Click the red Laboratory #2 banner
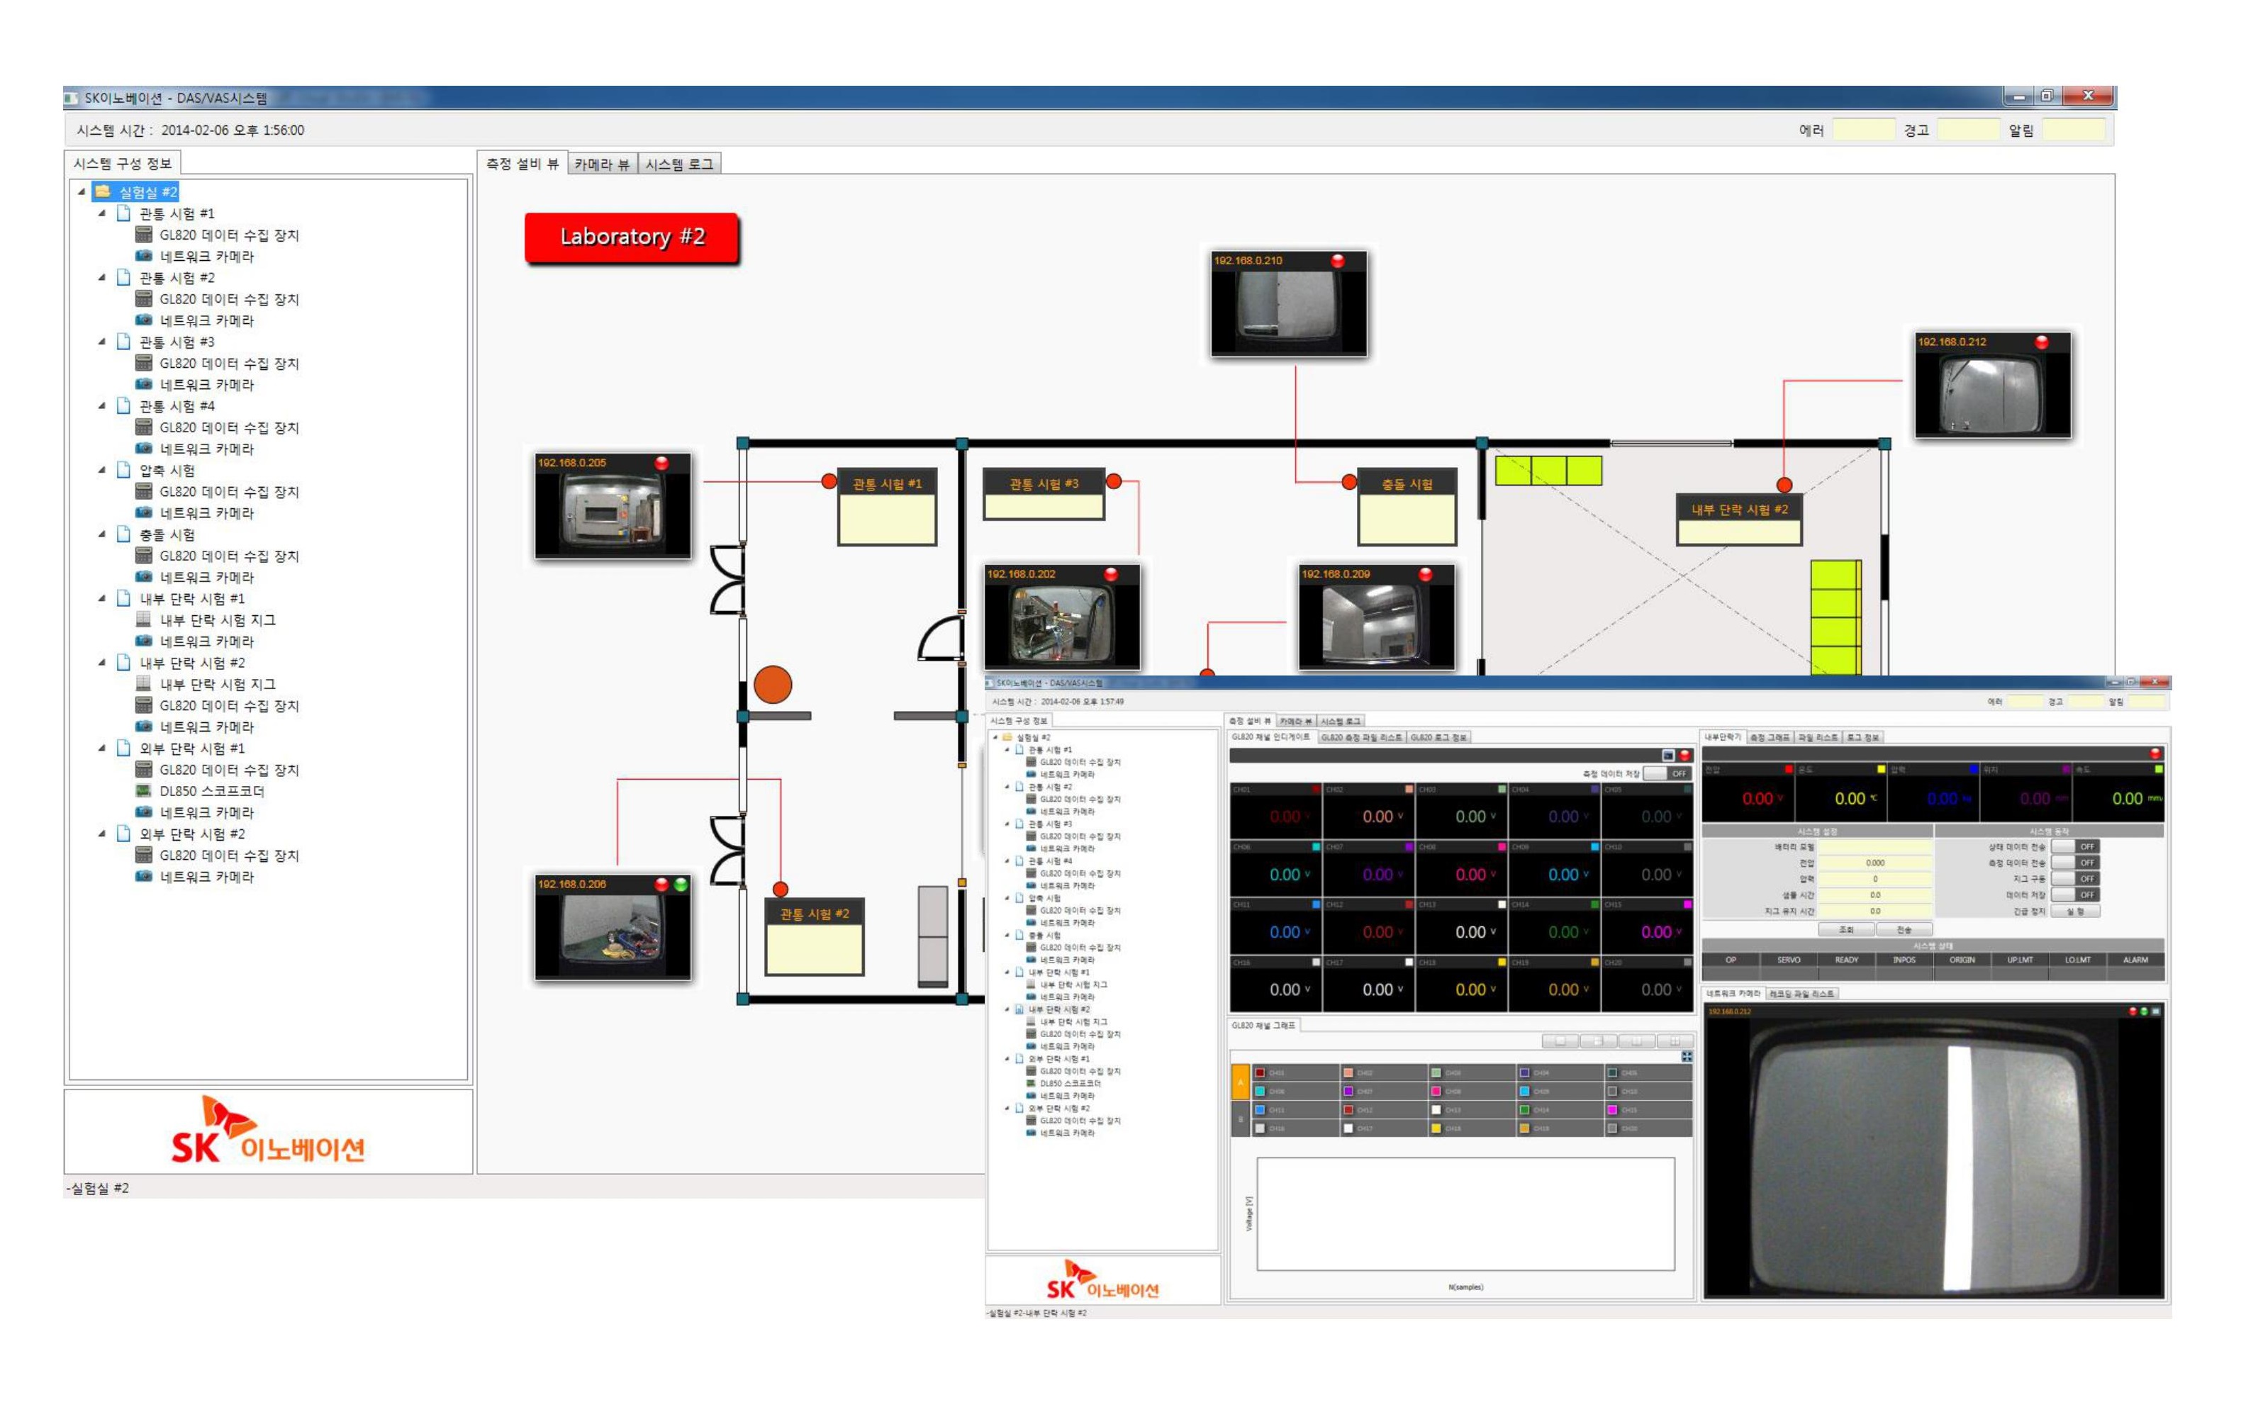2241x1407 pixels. pyautogui.click(x=632, y=238)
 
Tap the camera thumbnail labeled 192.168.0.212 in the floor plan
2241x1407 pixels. pyautogui.click(x=1993, y=386)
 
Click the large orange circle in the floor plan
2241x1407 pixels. pyautogui.click(x=773, y=685)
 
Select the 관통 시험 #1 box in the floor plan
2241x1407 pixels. pyautogui.click(x=886, y=507)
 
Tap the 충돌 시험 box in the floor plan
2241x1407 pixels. pyautogui.click(x=1407, y=507)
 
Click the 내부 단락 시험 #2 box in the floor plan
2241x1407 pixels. pyautogui.click(x=1738, y=520)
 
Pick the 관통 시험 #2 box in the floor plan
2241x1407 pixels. pyautogui.click(x=815, y=937)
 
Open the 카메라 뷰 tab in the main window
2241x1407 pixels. pyautogui.click(x=601, y=164)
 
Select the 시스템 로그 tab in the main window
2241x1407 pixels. pyautogui.click(x=679, y=164)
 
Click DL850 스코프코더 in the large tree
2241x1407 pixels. pyautogui.click(x=211, y=791)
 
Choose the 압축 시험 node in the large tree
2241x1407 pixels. pyautogui.click(x=167, y=471)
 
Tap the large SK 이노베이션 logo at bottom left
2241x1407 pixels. pyautogui.click(x=268, y=1131)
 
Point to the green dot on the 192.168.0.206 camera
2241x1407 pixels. pyautogui.click(x=681, y=884)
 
